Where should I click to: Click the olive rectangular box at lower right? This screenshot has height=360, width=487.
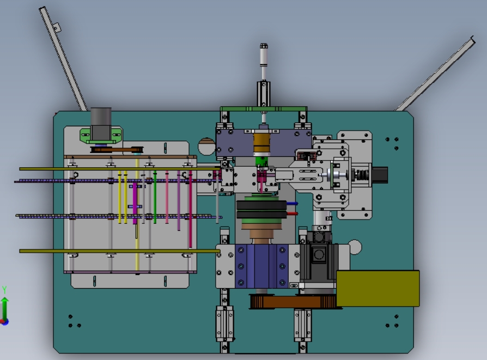tap(378, 289)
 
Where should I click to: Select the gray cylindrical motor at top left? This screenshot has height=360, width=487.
tap(101, 124)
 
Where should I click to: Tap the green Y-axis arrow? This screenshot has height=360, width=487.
tap(5, 309)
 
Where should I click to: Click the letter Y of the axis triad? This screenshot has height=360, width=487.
tap(4, 290)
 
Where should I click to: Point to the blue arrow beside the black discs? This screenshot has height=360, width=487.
tap(293, 204)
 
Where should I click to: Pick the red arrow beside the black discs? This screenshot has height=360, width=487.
tap(293, 213)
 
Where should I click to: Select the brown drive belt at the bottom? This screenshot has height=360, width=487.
tap(295, 302)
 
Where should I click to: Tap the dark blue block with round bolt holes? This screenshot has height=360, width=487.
tap(261, 266)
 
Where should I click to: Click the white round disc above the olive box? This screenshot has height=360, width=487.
tap(355, 247)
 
